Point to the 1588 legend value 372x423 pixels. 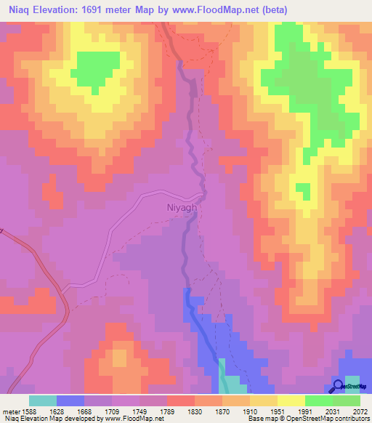(24, 411)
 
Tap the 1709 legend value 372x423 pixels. (111, 411)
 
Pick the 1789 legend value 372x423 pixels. (166, 411)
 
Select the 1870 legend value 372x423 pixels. (222, 411)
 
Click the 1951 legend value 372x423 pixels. (278, 411)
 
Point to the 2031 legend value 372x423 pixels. (333, 411)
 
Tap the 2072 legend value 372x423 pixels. (360, 411)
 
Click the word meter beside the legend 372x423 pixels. (8, 411)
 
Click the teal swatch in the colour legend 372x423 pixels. (42, 400)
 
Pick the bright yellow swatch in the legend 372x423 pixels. (291, 400)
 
